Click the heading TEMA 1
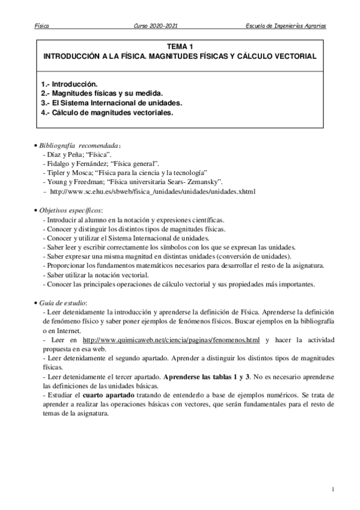click(x=180, y=46)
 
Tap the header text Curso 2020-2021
click(x=155, y=27)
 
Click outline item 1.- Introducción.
click(x=69, y=84)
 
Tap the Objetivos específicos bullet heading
click(x=70, y=210)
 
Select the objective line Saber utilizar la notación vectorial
click(x=97, y=275)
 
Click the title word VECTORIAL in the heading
click(x=293, y=55)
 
